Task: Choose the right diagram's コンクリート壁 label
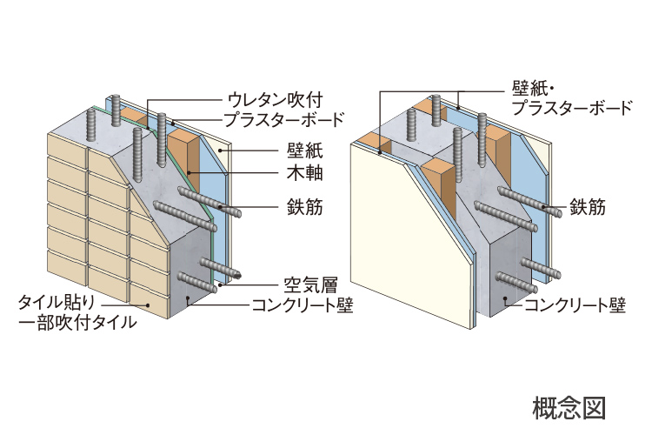pos(574,304)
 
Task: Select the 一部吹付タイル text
pos(77,325)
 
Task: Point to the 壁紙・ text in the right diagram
pos(532,89)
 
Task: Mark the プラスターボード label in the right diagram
pos(571,109)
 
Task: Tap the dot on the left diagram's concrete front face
pos(190,298)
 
